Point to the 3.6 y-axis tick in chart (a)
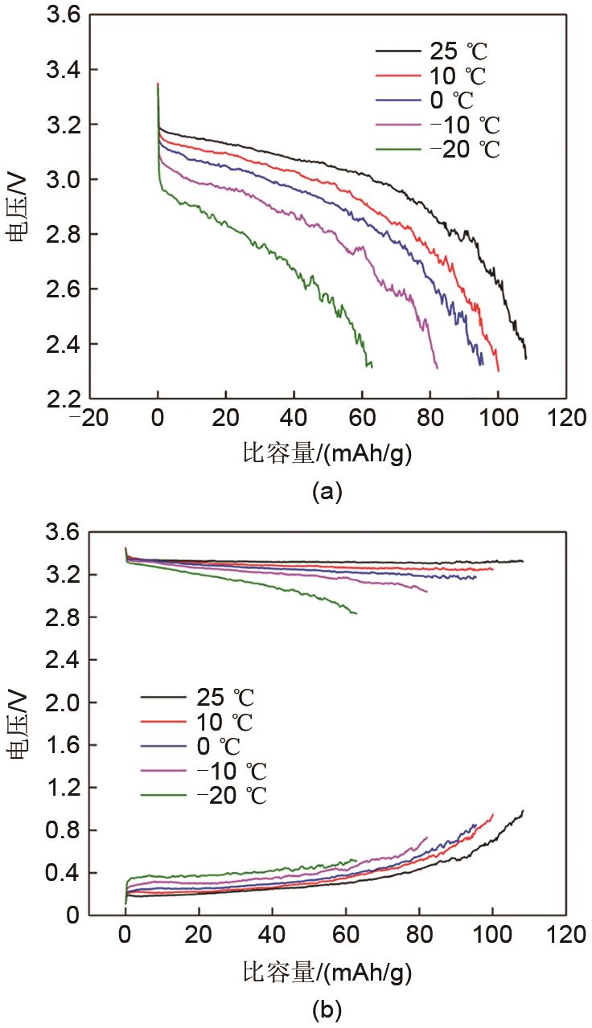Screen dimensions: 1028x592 (x=61, y=15)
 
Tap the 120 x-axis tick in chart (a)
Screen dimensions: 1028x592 (x=567, y=418)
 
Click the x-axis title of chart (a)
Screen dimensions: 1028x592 (x=327, y=454)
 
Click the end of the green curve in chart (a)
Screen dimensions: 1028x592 (x=372, y=366)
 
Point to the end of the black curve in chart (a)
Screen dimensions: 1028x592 (x=526, y=358)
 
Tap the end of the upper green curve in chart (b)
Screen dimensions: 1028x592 (x=356, y=614)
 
